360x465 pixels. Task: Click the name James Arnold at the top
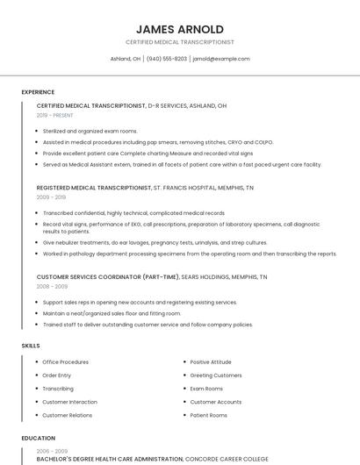[179, 29]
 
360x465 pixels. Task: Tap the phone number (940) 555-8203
[167, 59]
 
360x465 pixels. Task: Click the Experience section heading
[38, 92]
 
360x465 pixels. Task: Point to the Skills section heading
[31, 346]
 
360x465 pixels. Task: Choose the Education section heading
[38, 438]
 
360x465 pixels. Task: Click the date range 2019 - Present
[55, 115]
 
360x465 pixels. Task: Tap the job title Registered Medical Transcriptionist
[94, 188]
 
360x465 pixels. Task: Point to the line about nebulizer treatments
[155, 242]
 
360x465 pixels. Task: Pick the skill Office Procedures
[65, 361]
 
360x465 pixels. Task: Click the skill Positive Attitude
[211, 361]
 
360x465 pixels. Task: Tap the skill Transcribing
[58, 388]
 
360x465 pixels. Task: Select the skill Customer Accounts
[215, 401]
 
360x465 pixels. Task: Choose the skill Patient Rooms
[208, 415]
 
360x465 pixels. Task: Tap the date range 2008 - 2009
[52, 286]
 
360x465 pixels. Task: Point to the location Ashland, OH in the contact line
[125, 59]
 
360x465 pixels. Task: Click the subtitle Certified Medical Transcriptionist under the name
[179, 42]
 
